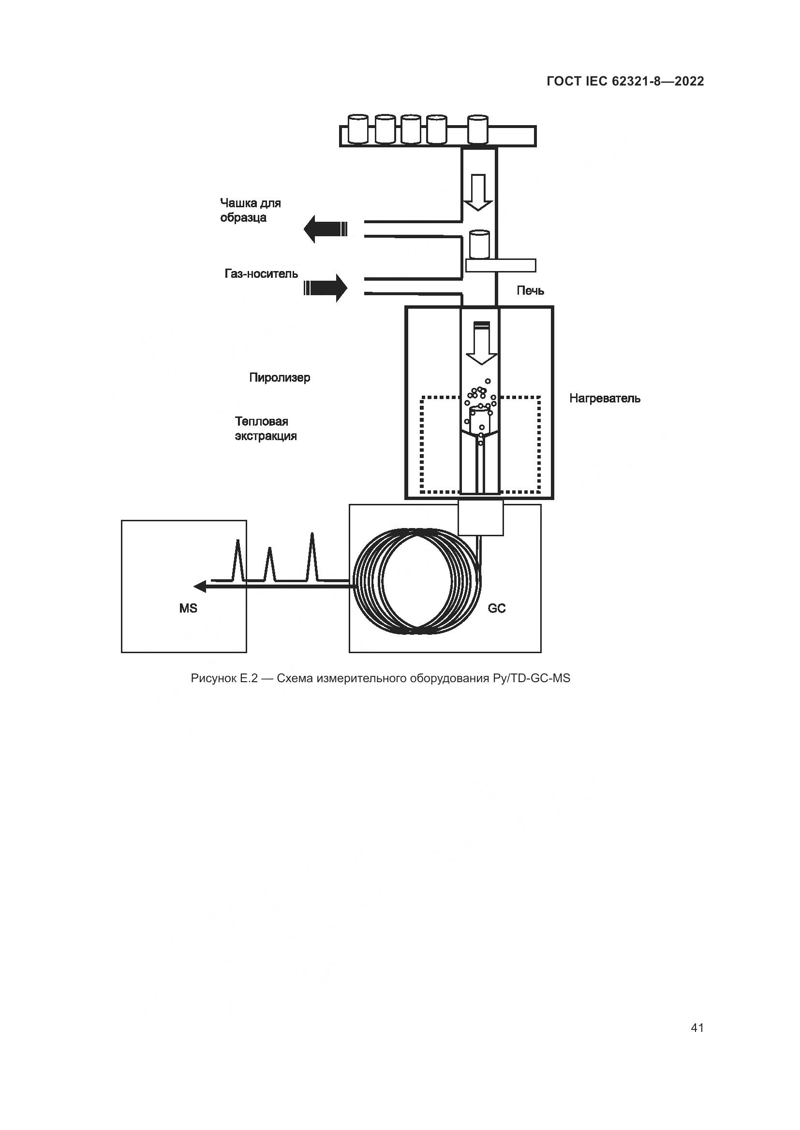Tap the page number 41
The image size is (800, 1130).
pyautogui.click(x=697, y=1028)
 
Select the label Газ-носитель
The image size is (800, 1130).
pyautogui.click(x=261, y=273)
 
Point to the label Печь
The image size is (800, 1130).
pyautogui.click(x=530, y=291)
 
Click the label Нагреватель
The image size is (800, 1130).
pyautogui.click(x=605, y=398)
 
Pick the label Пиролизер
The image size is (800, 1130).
pyautogui.click(x=279, y=377)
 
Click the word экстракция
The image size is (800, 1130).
pyautogui.click(x=266, y=436)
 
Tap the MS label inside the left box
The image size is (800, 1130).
pyautogui.click(x=188, y=608)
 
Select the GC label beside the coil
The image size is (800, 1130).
pyautogui.click(x=497, y=608)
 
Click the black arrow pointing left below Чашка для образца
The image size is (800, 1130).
pyautogui.click(x=325, y=229)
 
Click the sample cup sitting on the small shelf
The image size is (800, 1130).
pyautogui.click(x=479, y=244)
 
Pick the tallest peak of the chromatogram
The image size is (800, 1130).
pyautogui.click(x=312, y=556)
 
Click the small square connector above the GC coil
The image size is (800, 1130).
pyautogui.click(x=481, y=517)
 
